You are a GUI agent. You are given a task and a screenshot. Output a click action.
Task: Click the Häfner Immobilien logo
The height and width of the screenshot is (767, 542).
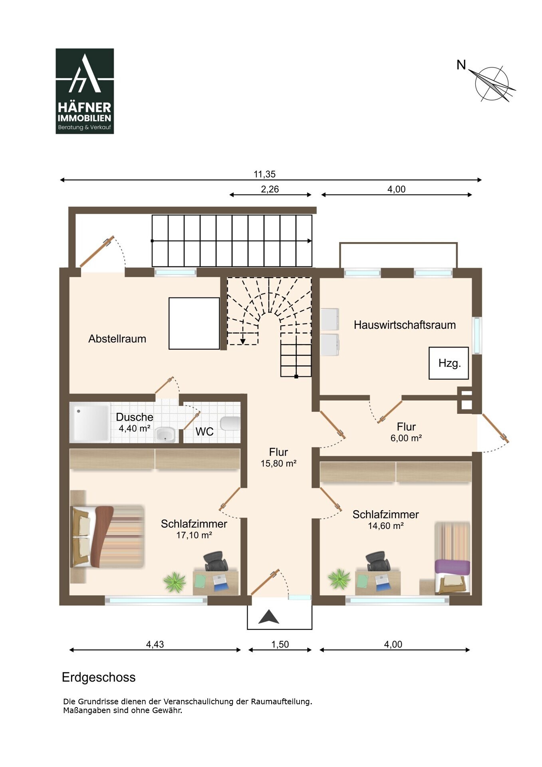click(85, 91)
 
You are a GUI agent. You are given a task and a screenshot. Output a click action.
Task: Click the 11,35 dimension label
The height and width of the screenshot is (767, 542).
click(264, 174)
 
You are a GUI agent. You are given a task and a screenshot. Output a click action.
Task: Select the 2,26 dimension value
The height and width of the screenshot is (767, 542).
click(270, 189)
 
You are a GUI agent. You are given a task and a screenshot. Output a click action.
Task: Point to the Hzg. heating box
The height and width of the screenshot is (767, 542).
click(449, 363)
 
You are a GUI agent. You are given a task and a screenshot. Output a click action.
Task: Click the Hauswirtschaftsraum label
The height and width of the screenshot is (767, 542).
click(405, 325)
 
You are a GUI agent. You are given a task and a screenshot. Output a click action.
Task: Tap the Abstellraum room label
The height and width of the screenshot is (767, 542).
click(117, 339)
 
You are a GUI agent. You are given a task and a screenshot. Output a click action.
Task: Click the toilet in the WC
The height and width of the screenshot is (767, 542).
click(230, 423)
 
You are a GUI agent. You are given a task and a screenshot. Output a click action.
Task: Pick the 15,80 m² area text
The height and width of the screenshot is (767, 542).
click(278, 463)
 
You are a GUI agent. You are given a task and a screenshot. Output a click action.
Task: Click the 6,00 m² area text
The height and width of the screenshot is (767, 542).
click(406, 438)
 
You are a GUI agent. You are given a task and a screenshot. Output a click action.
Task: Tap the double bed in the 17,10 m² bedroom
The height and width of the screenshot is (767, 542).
click(107, 536)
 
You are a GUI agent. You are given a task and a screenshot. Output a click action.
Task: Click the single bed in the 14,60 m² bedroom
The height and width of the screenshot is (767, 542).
click(453, 558)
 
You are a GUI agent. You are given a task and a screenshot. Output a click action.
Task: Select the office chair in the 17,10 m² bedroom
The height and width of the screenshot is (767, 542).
click(216, 561)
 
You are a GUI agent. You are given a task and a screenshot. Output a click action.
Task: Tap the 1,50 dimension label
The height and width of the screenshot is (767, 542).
click(280, 644)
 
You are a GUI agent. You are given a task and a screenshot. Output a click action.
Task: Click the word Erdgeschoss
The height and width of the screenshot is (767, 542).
click(99, 678)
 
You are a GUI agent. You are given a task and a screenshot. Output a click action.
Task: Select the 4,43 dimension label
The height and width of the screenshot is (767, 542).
click(155, 644)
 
